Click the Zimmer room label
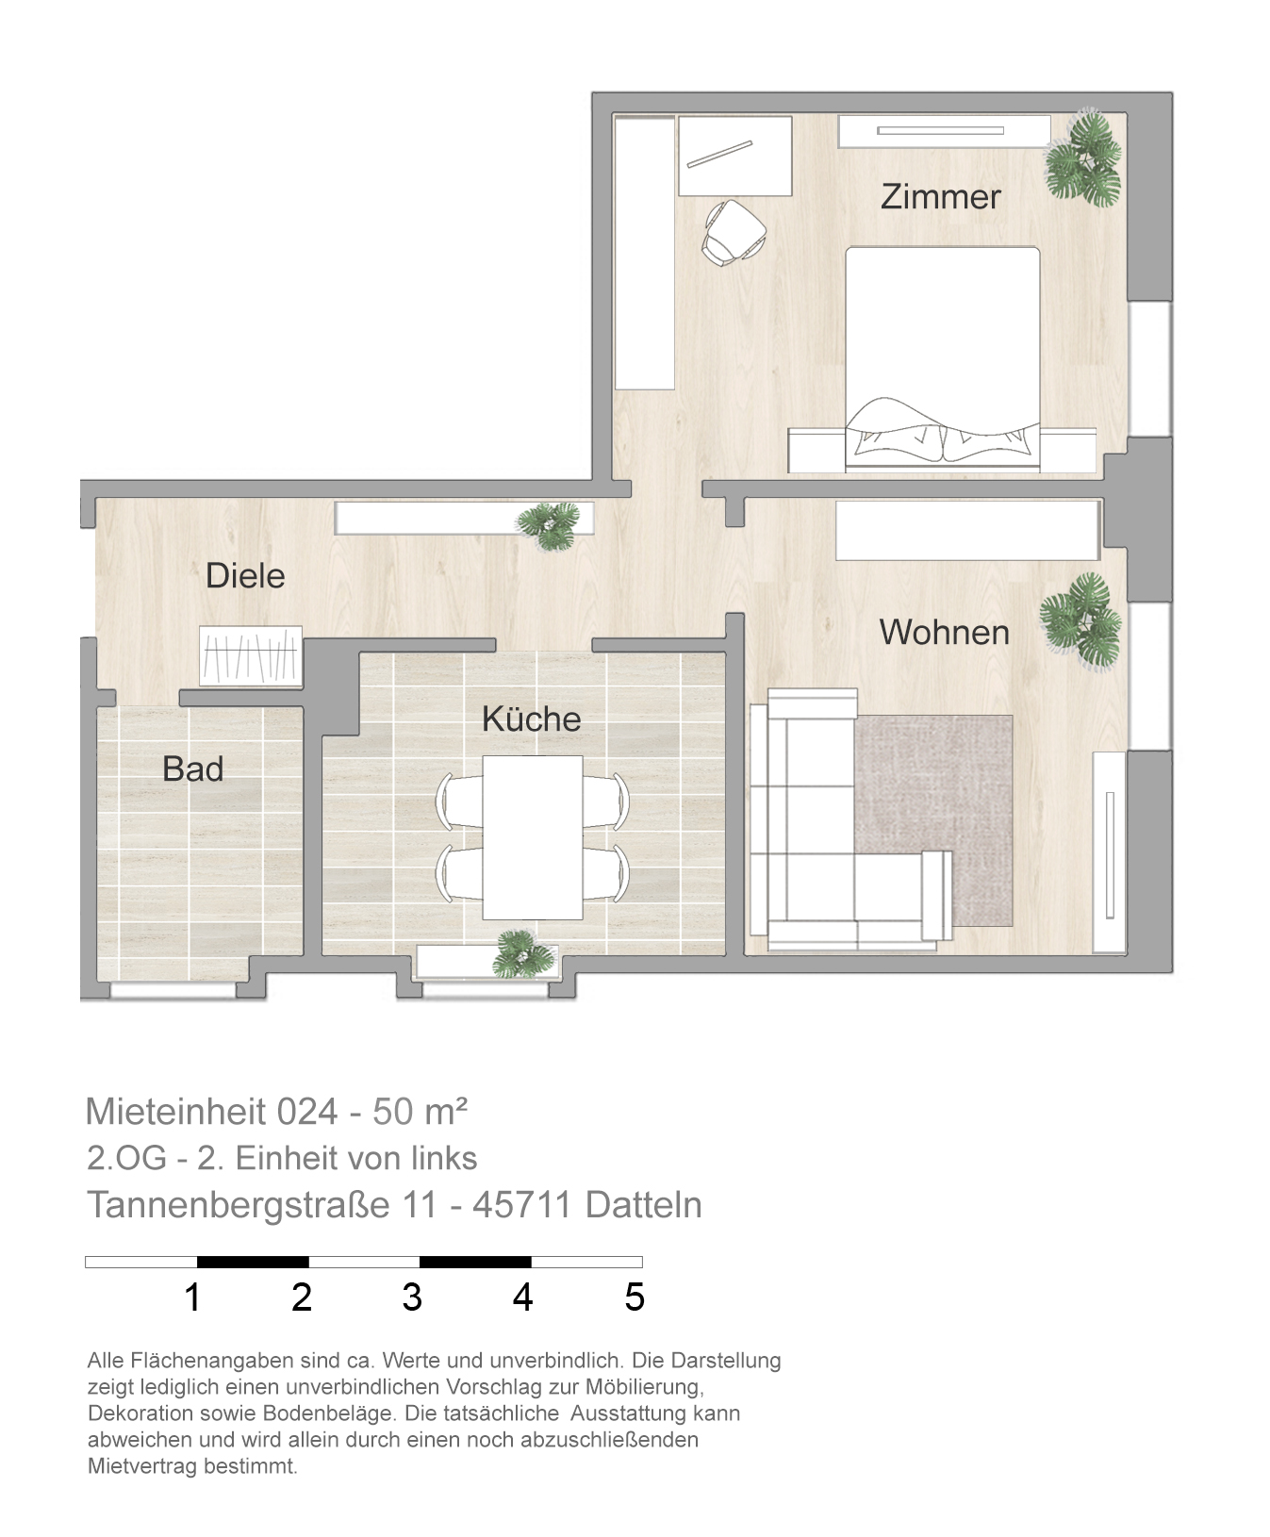[x=940, y=196]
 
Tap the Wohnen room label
[x=944, y=632]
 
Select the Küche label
[x=531, y=719]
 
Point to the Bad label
[x=192, y=768]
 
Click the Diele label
[x=245, y=575]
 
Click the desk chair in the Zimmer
[x=733, y=231]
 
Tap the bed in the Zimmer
[x=943, y=358]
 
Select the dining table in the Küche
[x=532, y=837]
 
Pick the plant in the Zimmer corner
[x=1084, y=158]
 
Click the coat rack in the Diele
[x=251, y=655]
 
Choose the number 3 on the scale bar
[x=412, y=1297]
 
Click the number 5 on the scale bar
[x=635, y=1297]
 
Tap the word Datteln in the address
[x=643, y=1204]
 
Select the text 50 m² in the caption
[x=421, y=1111]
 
